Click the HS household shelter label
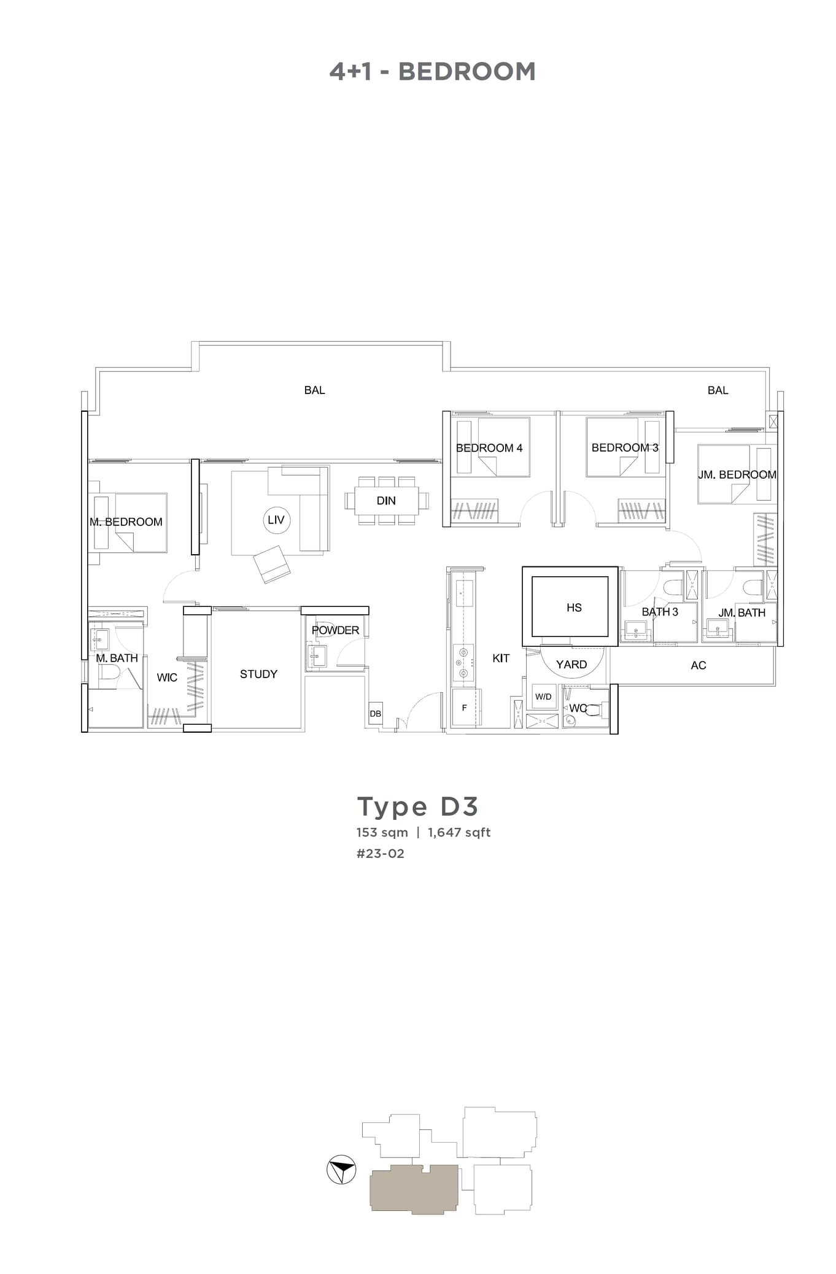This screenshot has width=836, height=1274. [574, 608]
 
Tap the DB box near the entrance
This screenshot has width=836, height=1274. [375, 714]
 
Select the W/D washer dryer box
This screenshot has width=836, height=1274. [543, 697]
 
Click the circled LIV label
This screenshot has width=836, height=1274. [276, 520]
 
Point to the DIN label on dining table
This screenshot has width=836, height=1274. [386, 501]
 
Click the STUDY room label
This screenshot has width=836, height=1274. [258, 674]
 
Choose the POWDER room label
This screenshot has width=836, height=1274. [335, 630]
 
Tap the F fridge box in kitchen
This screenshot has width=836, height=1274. [464, 708]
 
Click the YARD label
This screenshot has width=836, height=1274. [571, 664]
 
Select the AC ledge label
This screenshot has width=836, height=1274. [699, 665]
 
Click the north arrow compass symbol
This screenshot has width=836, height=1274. [341, 1171]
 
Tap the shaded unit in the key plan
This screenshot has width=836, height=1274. [414, 1189]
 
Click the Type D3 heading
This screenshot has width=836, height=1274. [417, 806]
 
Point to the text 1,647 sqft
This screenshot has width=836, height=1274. [459, 833]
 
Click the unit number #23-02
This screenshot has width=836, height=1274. [381, 854]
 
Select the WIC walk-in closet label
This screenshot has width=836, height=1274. [167, 678]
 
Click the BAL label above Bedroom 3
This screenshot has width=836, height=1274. [718, 390]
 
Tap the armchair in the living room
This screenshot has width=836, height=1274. [272, 564]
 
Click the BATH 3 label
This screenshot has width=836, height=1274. [660, 612]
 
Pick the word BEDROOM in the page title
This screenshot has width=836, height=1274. [467, 72]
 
